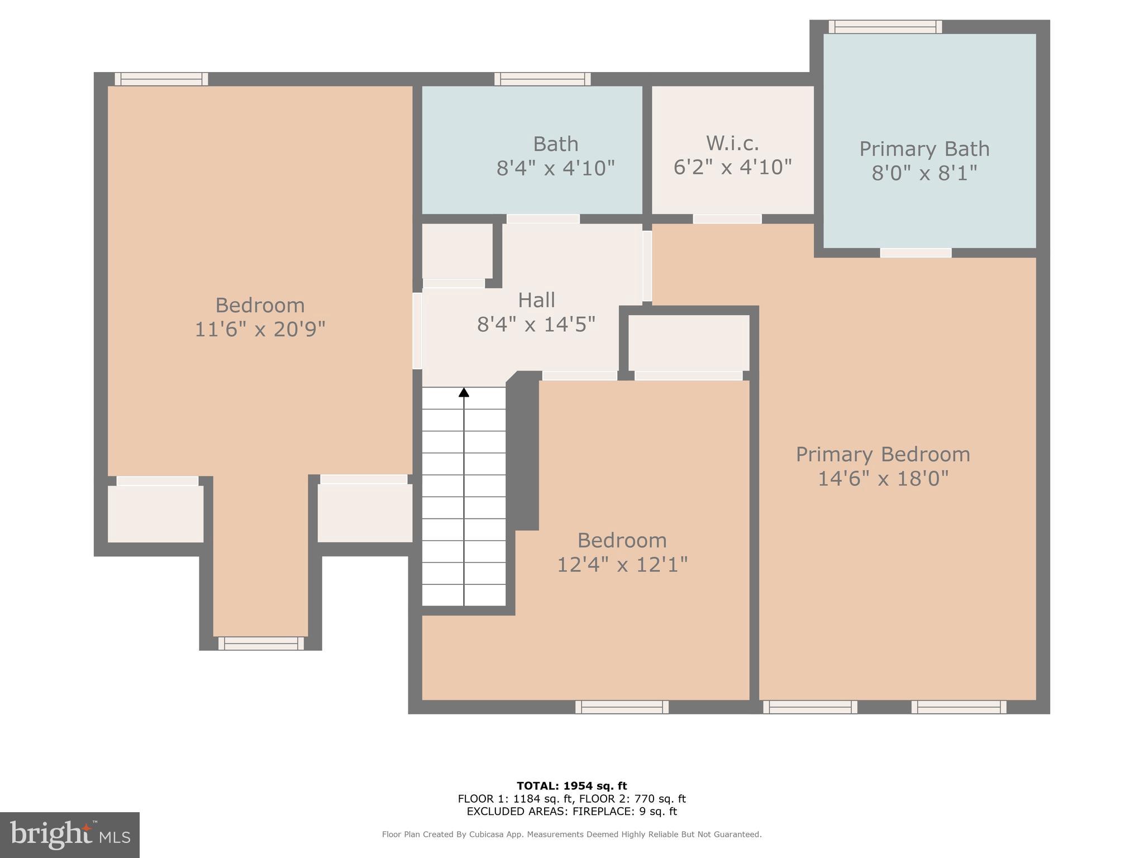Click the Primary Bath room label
click(924, 149)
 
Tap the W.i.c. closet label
click(732, 144)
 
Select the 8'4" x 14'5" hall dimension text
click(536, 324)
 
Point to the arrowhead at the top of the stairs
click(464, 392)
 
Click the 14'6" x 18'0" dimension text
click(883, 479)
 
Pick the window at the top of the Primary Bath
click(885, 27)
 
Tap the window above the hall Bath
click(542, 79)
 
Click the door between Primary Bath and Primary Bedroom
click(916, 253)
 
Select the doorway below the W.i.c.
click(727, 219)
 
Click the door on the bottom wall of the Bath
click(542, 219)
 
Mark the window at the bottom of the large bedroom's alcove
click(261, 643)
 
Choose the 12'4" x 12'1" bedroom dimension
click(622, 565)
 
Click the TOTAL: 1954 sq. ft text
click(571, 786)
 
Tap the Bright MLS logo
click(69, 835)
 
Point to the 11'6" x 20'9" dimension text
click(260, 329)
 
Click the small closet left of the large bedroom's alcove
click(155, 513)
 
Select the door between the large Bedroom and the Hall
click(417, 331)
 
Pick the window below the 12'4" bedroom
click(622, 707)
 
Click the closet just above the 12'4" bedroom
click(688, 343)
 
